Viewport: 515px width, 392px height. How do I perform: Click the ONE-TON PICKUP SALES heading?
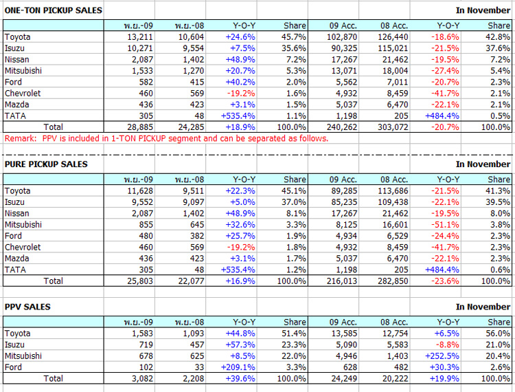click(53, 10)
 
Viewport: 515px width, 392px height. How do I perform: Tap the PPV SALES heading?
click(27, 307)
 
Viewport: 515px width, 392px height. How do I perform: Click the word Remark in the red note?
click(19, 138)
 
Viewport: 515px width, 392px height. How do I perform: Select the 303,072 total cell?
click(393, 127)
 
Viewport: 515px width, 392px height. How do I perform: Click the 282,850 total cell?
click(393, 281)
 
